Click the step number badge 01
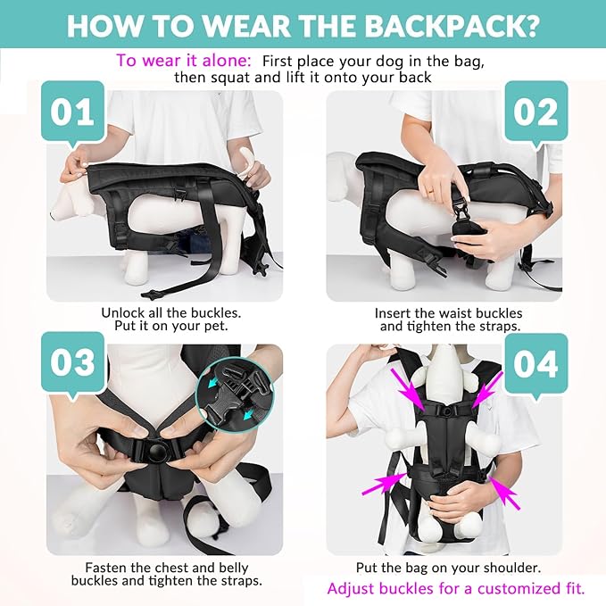click(72, 114)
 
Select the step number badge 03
click(72, 364)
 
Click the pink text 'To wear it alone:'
click(181, 61)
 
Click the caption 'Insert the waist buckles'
click(449, 313)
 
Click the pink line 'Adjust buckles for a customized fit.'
click(456, 588)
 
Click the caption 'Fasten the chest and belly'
click(167, 568)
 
